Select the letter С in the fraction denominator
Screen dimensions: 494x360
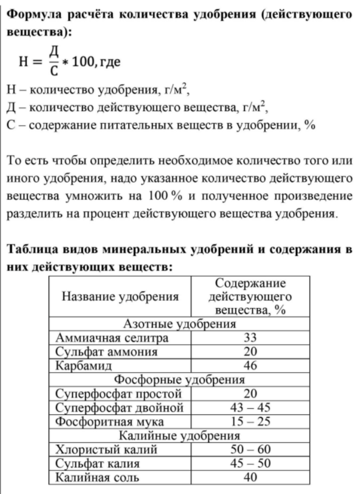coord(52,73)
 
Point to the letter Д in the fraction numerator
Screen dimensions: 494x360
coord(52,51)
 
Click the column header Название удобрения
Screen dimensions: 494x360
coord(120,296)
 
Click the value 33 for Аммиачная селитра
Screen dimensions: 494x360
coord(250,338)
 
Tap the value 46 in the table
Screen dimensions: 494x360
coord(250,366)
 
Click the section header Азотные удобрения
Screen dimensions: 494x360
coord(179,324)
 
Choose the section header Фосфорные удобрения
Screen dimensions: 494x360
coord(179,380)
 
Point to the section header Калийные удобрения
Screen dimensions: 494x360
coord(179,436)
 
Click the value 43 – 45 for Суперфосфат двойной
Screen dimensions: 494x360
coord(250,408)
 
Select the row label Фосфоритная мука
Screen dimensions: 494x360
coord(110,422)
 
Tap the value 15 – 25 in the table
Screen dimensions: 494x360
coord(250,422)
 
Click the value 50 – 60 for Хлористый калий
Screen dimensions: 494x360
coord(250,450)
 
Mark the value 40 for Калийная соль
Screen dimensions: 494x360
coord(250,478)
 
